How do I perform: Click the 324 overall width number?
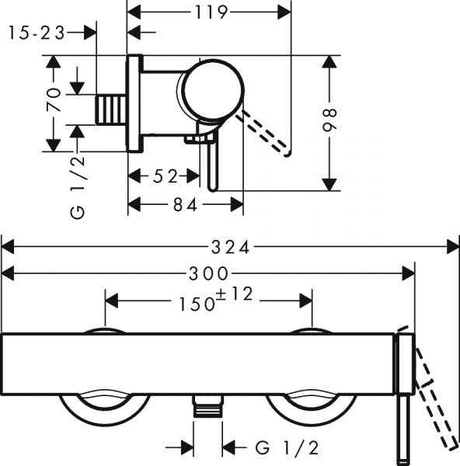(x=231, y=248)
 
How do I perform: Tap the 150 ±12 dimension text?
(x=208, y=300)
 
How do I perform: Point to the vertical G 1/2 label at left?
(x=78, y=186)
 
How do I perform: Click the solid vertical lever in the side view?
(x=211, y=159)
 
